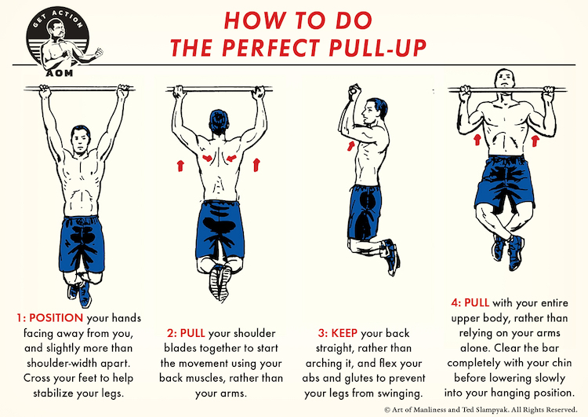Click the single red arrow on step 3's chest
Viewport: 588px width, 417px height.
349,148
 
